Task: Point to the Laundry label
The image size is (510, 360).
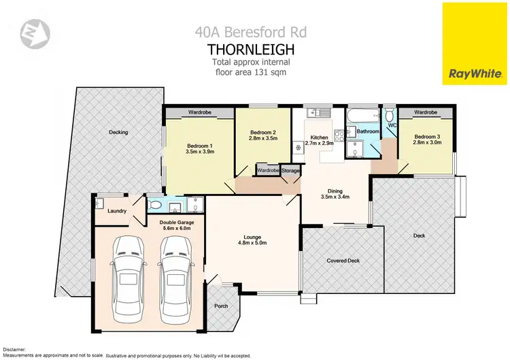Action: tap(118, 211)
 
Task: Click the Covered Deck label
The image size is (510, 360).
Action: tap(343, 260)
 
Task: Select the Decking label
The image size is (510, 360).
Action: tap(118, 132)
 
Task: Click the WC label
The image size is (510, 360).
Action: tap(392, 125)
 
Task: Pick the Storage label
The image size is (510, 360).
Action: tap(290, 170)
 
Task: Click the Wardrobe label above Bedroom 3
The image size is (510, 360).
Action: tap(425, 112)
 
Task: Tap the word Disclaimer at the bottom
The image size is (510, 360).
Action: tap(14, 349)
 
